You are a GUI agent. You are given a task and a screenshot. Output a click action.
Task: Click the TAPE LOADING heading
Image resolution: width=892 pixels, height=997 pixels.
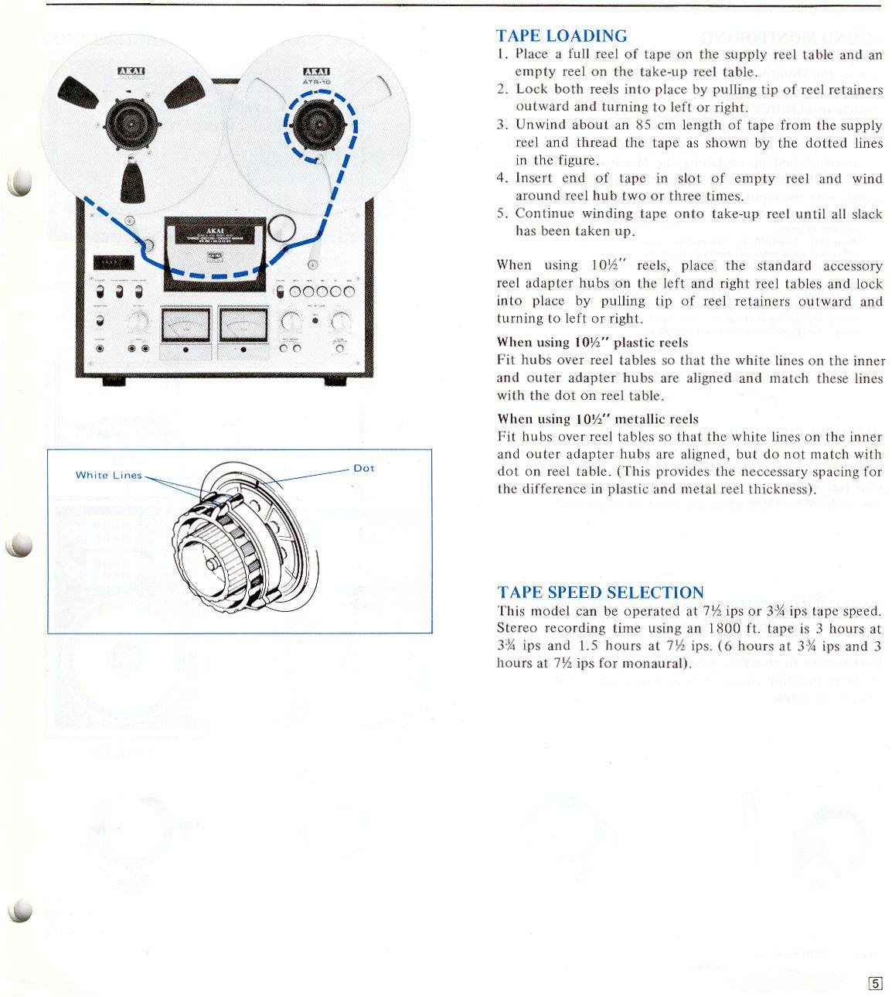click(561, 36)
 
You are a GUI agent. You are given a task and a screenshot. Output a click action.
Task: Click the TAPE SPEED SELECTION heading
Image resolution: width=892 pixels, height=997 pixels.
click(601, 592)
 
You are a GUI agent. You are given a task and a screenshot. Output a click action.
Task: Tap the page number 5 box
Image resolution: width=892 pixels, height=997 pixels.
click(875, 984)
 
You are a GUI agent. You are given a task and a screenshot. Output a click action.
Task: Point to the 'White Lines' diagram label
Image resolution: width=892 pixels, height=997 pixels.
click(108, 475)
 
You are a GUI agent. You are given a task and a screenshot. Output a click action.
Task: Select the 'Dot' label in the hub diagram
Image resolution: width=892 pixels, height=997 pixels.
click(363, 468)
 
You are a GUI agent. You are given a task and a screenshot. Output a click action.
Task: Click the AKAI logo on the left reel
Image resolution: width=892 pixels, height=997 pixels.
click(131, 72)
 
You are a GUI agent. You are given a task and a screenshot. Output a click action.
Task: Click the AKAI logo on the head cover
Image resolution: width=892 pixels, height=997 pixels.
click(215, 230)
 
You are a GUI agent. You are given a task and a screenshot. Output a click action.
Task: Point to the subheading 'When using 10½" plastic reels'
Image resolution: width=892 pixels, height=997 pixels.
click(592, 342)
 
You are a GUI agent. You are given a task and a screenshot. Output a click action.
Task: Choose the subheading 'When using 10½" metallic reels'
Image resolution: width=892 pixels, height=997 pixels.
click(598, 418)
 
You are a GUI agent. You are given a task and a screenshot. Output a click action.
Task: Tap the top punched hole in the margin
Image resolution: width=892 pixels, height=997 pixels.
click(21, 183)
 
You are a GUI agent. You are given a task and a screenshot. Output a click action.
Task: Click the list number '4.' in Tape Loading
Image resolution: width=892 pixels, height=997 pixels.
click(502, 178)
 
